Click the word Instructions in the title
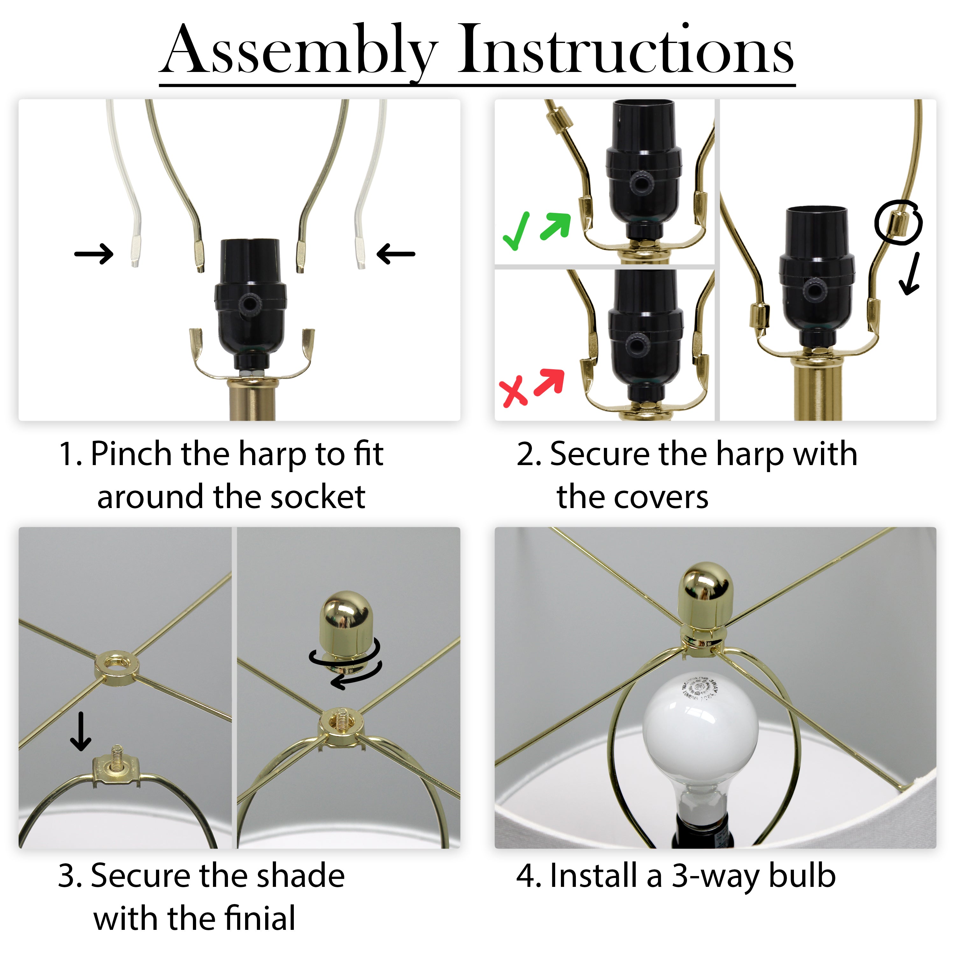(x=626, y=49)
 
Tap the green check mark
(x=516, y=231)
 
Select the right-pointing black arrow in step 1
(x=94, y=254)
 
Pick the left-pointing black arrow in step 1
(x=395, y=254)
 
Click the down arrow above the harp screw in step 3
(x=81, y=731)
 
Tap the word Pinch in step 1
(x=131, y=455)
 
